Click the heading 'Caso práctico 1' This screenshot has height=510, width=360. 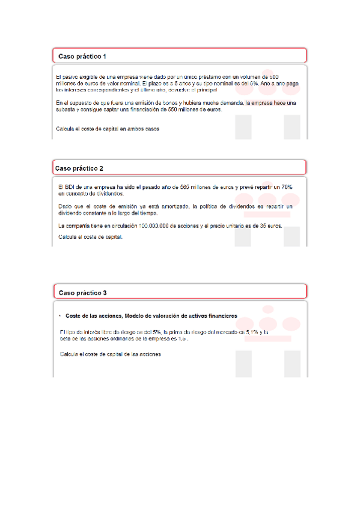click(82, 56)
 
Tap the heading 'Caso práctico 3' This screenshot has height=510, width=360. click(82, 292)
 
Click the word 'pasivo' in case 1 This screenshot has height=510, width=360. click(70, 78)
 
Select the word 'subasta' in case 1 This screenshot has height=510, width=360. click(65, 110)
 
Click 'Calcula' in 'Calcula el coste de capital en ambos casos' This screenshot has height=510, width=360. click(64, 129)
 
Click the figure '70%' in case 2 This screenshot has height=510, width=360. click(285, 187)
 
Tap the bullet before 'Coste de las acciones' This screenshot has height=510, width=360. click(60, 316)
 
